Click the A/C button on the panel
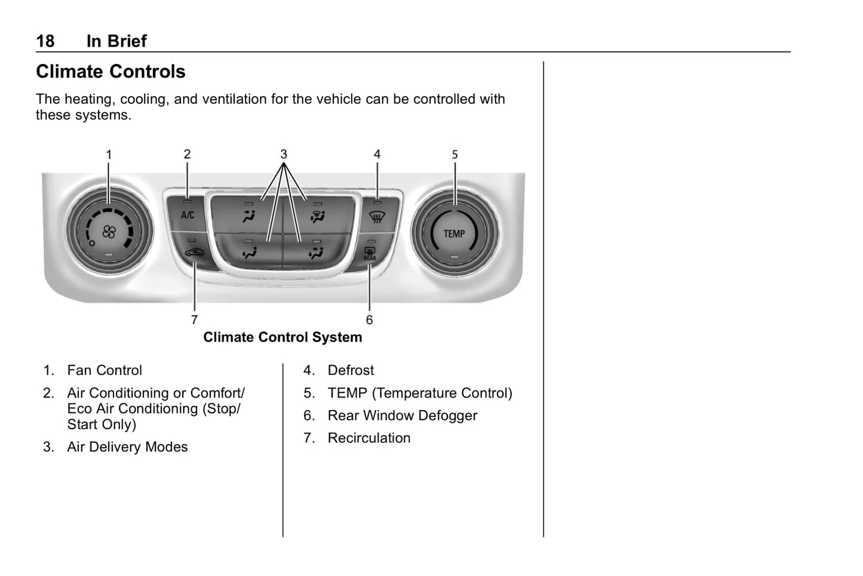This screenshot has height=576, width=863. click(188, 215)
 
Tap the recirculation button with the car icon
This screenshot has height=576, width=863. click(194, 252)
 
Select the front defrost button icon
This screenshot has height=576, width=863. click(376, 217)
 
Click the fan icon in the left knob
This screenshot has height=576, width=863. click(109, 232)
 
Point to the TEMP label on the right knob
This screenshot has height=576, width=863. click(454, 233)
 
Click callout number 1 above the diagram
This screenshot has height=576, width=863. click(109, 155)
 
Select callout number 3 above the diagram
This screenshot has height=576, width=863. click(284, 154)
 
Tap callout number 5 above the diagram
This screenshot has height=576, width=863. click(454, 155)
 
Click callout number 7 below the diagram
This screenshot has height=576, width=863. click(194, 320)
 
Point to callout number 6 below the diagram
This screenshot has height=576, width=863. click(369, 320)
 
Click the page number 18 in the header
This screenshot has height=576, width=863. click(45, 41)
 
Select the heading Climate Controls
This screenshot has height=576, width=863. click(110, 72)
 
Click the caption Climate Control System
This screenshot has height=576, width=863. click(282, 337)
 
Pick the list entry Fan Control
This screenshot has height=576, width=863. click(105, 370)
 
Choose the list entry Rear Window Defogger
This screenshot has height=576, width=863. click(402, 415)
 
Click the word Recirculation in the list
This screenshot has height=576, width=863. click(368, 438)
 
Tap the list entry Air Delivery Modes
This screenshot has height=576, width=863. click(127, 447)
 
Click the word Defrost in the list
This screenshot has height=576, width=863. click(351, 370)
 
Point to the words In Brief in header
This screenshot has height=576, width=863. click(116, 41)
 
